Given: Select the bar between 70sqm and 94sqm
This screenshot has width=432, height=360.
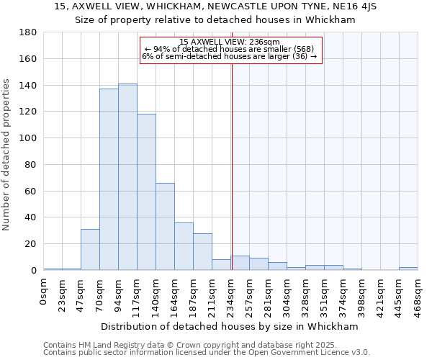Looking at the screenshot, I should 109,179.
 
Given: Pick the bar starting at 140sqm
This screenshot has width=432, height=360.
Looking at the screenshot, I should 165,227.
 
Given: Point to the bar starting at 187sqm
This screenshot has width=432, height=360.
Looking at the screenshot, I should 202,252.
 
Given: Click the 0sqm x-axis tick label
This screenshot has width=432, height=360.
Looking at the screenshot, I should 43,292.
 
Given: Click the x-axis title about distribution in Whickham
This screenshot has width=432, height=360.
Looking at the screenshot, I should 230,326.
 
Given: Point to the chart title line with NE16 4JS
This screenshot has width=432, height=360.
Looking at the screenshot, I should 215,6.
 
